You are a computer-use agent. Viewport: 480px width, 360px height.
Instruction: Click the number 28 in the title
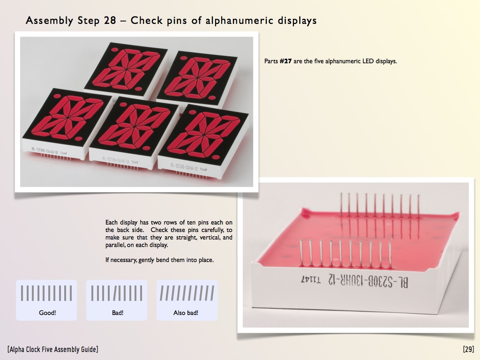[110, 21]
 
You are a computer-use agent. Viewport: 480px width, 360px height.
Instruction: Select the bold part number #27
[285, 61]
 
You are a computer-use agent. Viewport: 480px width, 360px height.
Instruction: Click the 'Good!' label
[47, 313]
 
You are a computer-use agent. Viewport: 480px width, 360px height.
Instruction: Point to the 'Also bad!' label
[186, 313]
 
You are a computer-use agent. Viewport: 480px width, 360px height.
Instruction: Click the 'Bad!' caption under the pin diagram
[118, 313]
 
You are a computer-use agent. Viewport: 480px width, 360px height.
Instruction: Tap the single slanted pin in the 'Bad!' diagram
[115, 293]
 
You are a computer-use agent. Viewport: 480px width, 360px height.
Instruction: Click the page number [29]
[468, 349]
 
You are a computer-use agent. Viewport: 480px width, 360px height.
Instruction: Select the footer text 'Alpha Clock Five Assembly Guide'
[52, 349]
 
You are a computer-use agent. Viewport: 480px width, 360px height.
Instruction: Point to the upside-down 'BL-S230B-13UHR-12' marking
[368, 281]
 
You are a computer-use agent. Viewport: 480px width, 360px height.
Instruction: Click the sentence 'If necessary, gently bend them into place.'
[159, 260]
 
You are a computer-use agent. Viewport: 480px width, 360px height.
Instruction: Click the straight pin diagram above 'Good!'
[46, 293]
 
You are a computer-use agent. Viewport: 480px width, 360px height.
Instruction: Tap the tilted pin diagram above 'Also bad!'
[187, 293]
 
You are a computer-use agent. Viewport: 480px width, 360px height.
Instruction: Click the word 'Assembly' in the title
[50, 21]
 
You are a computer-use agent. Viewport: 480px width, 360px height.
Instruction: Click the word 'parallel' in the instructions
[114, 245]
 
